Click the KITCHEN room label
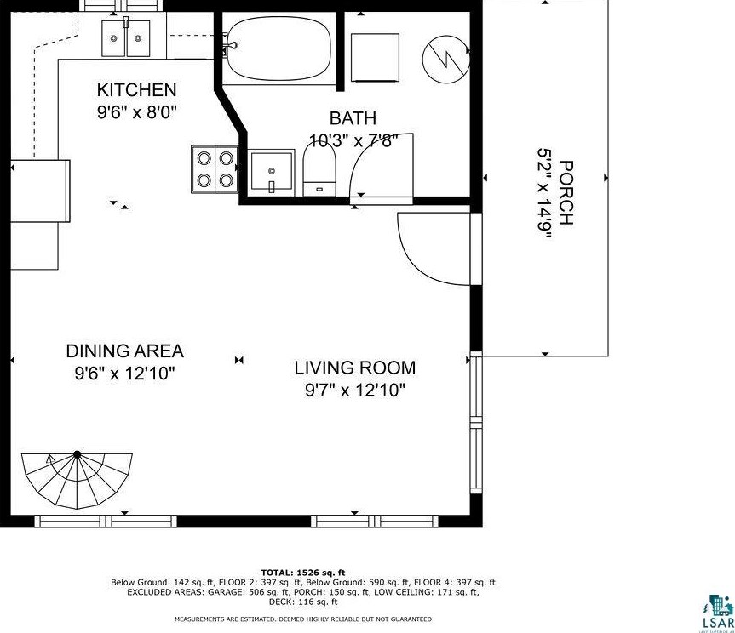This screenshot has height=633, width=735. pos(136,90)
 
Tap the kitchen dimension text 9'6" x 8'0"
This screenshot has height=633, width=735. pos(136,111)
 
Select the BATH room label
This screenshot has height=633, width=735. pos(353,118)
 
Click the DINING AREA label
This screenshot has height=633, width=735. pos(124,351)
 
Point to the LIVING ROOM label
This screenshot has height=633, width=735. pos(354,368)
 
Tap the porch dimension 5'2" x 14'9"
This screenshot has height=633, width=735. pos(543,193)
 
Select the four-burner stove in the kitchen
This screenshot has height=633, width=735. pos(215,168)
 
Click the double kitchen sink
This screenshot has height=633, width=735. pos(126,38)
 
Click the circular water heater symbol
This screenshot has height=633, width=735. pos(446,57)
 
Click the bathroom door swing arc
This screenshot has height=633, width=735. pos(381,166)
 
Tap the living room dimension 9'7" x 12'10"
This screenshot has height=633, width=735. pos(354,391)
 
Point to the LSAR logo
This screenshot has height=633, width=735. pos(716,613)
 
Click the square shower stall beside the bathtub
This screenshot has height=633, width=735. pos(375,56)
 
